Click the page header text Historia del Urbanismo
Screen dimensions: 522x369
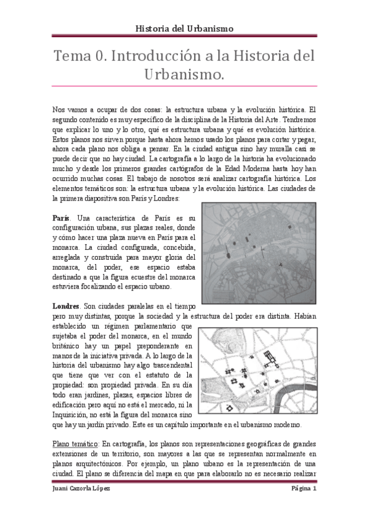click(184, 28)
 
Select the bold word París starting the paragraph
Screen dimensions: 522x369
click(61, 219)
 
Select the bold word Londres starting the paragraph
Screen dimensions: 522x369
click(67, 306)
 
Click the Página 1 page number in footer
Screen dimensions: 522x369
click(303, 488)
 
